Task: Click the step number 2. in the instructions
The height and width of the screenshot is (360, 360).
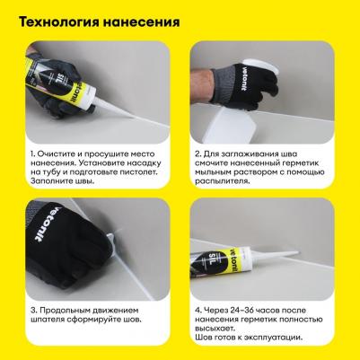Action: [x=198, y=154]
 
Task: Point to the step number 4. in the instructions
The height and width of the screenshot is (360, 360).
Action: [x=198, y=309]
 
